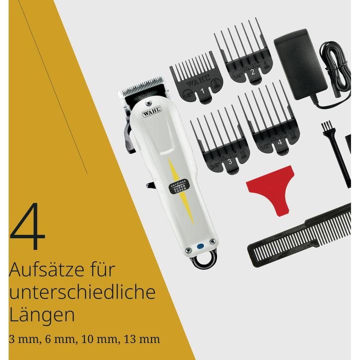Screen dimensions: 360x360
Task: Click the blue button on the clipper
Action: pyautogui.click(x=200, y=245)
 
